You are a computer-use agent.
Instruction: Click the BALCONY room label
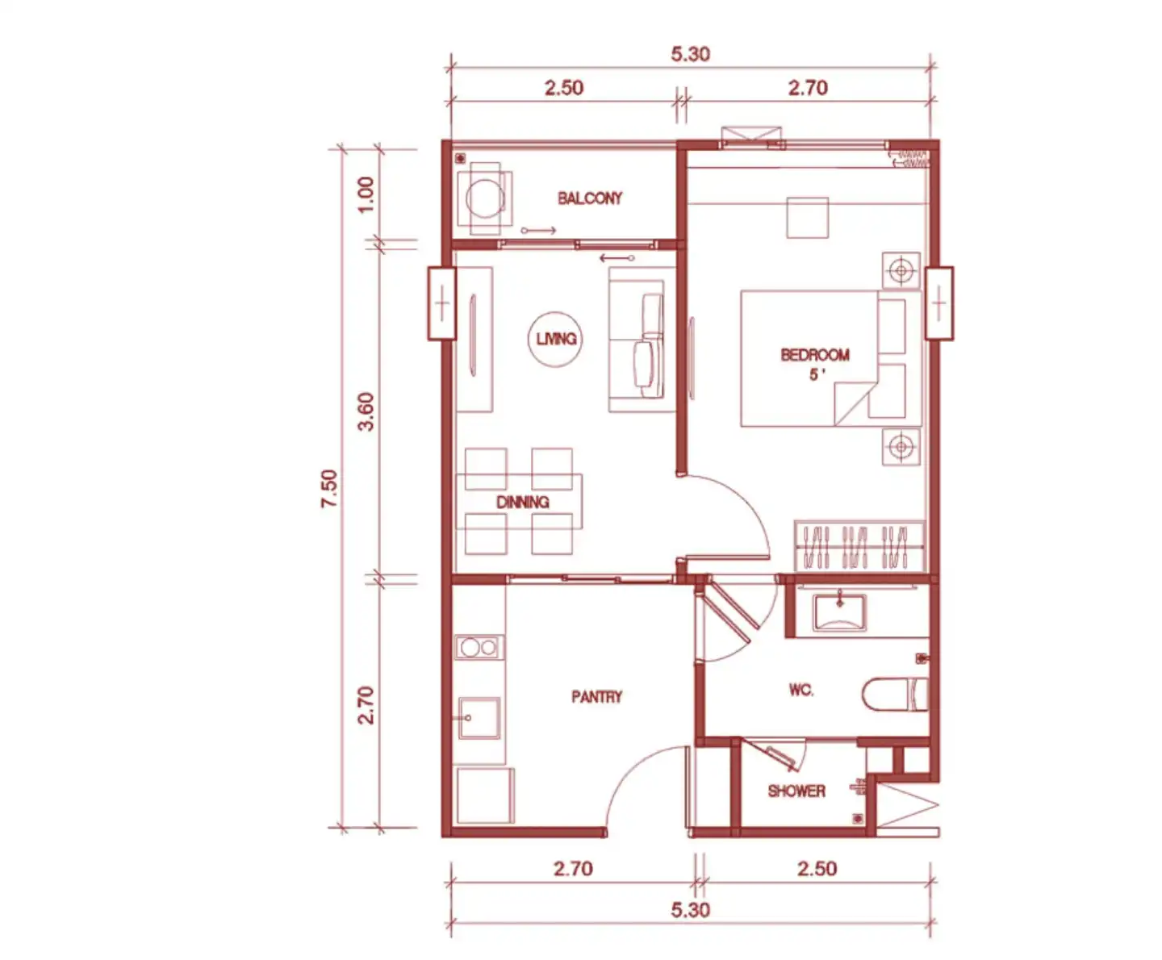590,198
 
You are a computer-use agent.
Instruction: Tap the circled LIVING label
555,339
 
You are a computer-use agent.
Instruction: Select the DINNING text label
523,503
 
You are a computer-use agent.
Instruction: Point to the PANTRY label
596,697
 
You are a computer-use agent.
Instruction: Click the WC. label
801,690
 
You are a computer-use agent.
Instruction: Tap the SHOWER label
796,791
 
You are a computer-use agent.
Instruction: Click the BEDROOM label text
815,355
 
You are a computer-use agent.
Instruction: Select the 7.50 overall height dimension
329,488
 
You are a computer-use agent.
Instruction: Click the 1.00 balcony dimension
366,194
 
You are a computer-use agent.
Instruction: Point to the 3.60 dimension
366,411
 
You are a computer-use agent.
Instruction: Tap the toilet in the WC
896,694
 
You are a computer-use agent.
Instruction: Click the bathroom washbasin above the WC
839,612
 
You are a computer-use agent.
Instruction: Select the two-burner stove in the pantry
479,647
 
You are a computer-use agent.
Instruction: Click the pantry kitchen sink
479,719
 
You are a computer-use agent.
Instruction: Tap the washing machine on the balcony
485,198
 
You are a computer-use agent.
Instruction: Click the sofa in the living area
642,340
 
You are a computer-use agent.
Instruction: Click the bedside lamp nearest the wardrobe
901,447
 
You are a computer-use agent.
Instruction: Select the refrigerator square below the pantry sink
485,795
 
